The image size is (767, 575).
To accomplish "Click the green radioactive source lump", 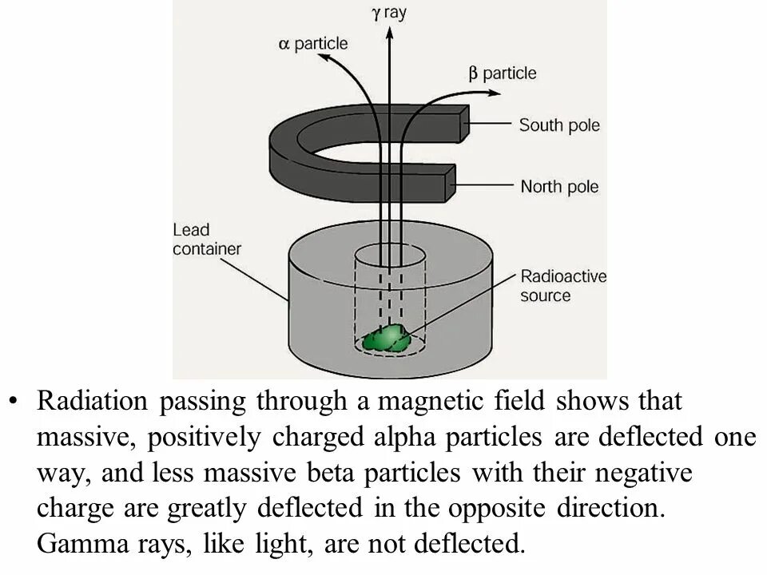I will (387, 338).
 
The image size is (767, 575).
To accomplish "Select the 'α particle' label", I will (313, 44).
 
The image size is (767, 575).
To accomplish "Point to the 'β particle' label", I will (503, 73).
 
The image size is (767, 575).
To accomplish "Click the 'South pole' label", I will (559, 125).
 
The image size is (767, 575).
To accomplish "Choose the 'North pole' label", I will (559, 188).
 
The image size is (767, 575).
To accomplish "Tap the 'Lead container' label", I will (206, 240).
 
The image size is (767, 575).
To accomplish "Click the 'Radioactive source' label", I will (563, 286).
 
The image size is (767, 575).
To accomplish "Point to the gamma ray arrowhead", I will (388, 33).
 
